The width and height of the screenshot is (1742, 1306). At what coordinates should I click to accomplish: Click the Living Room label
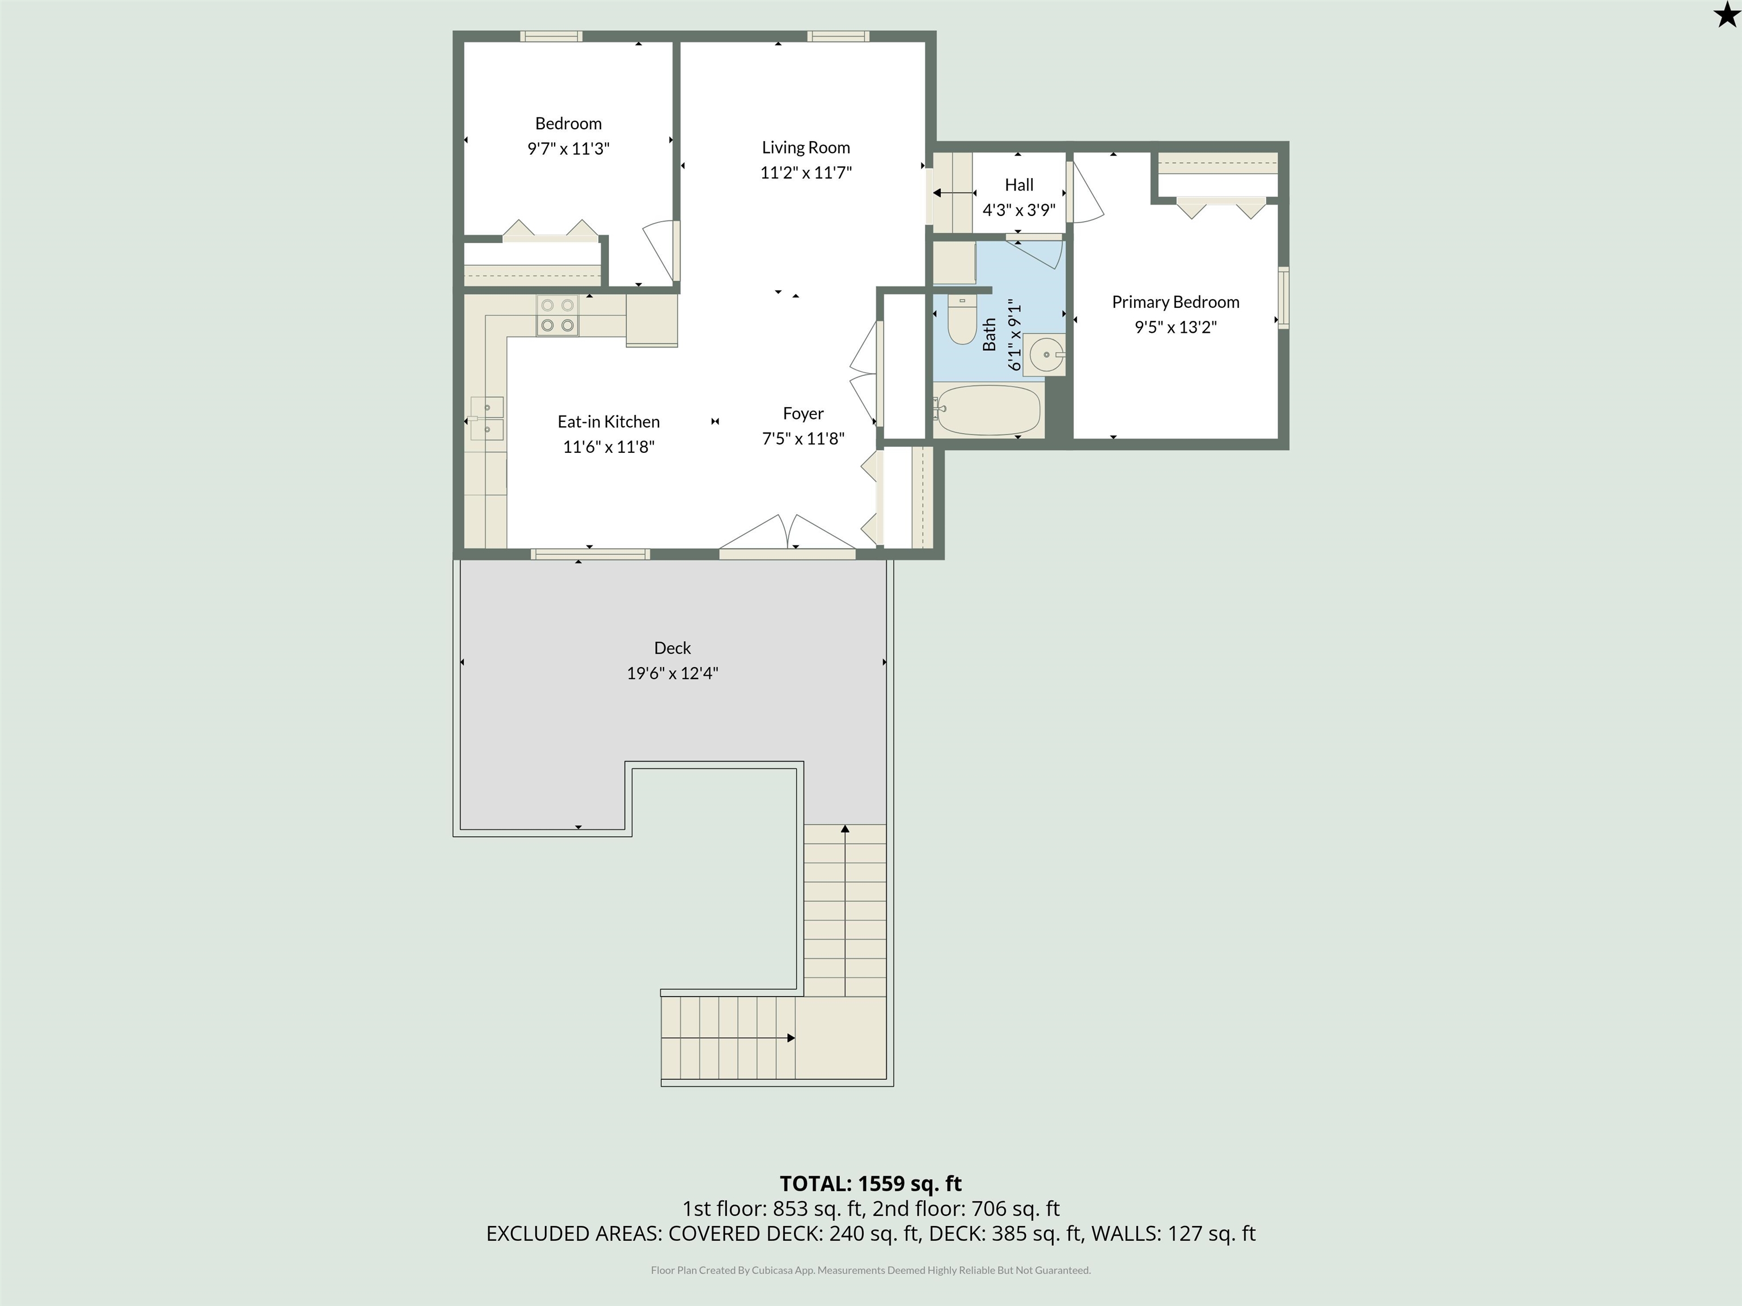(806, 147)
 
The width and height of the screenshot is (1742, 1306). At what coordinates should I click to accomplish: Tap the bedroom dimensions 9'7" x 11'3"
(569, 149)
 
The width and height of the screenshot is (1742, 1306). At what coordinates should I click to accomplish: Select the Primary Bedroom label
(1175, 302)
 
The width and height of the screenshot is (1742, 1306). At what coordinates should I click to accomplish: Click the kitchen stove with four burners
(557, 316)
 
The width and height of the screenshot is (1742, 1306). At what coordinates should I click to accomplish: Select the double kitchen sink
(486, 418)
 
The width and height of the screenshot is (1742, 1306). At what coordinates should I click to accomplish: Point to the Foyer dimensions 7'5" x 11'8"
(804, 439)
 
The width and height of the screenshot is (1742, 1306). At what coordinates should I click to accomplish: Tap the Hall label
(1019, 185)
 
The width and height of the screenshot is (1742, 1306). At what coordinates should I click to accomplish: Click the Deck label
(673, 648)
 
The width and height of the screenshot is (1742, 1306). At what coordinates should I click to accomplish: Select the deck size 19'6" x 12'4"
(673, 673)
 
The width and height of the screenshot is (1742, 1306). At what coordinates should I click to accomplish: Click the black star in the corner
(1726, 15)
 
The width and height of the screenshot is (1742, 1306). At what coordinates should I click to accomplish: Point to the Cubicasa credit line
(871, 1270)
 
